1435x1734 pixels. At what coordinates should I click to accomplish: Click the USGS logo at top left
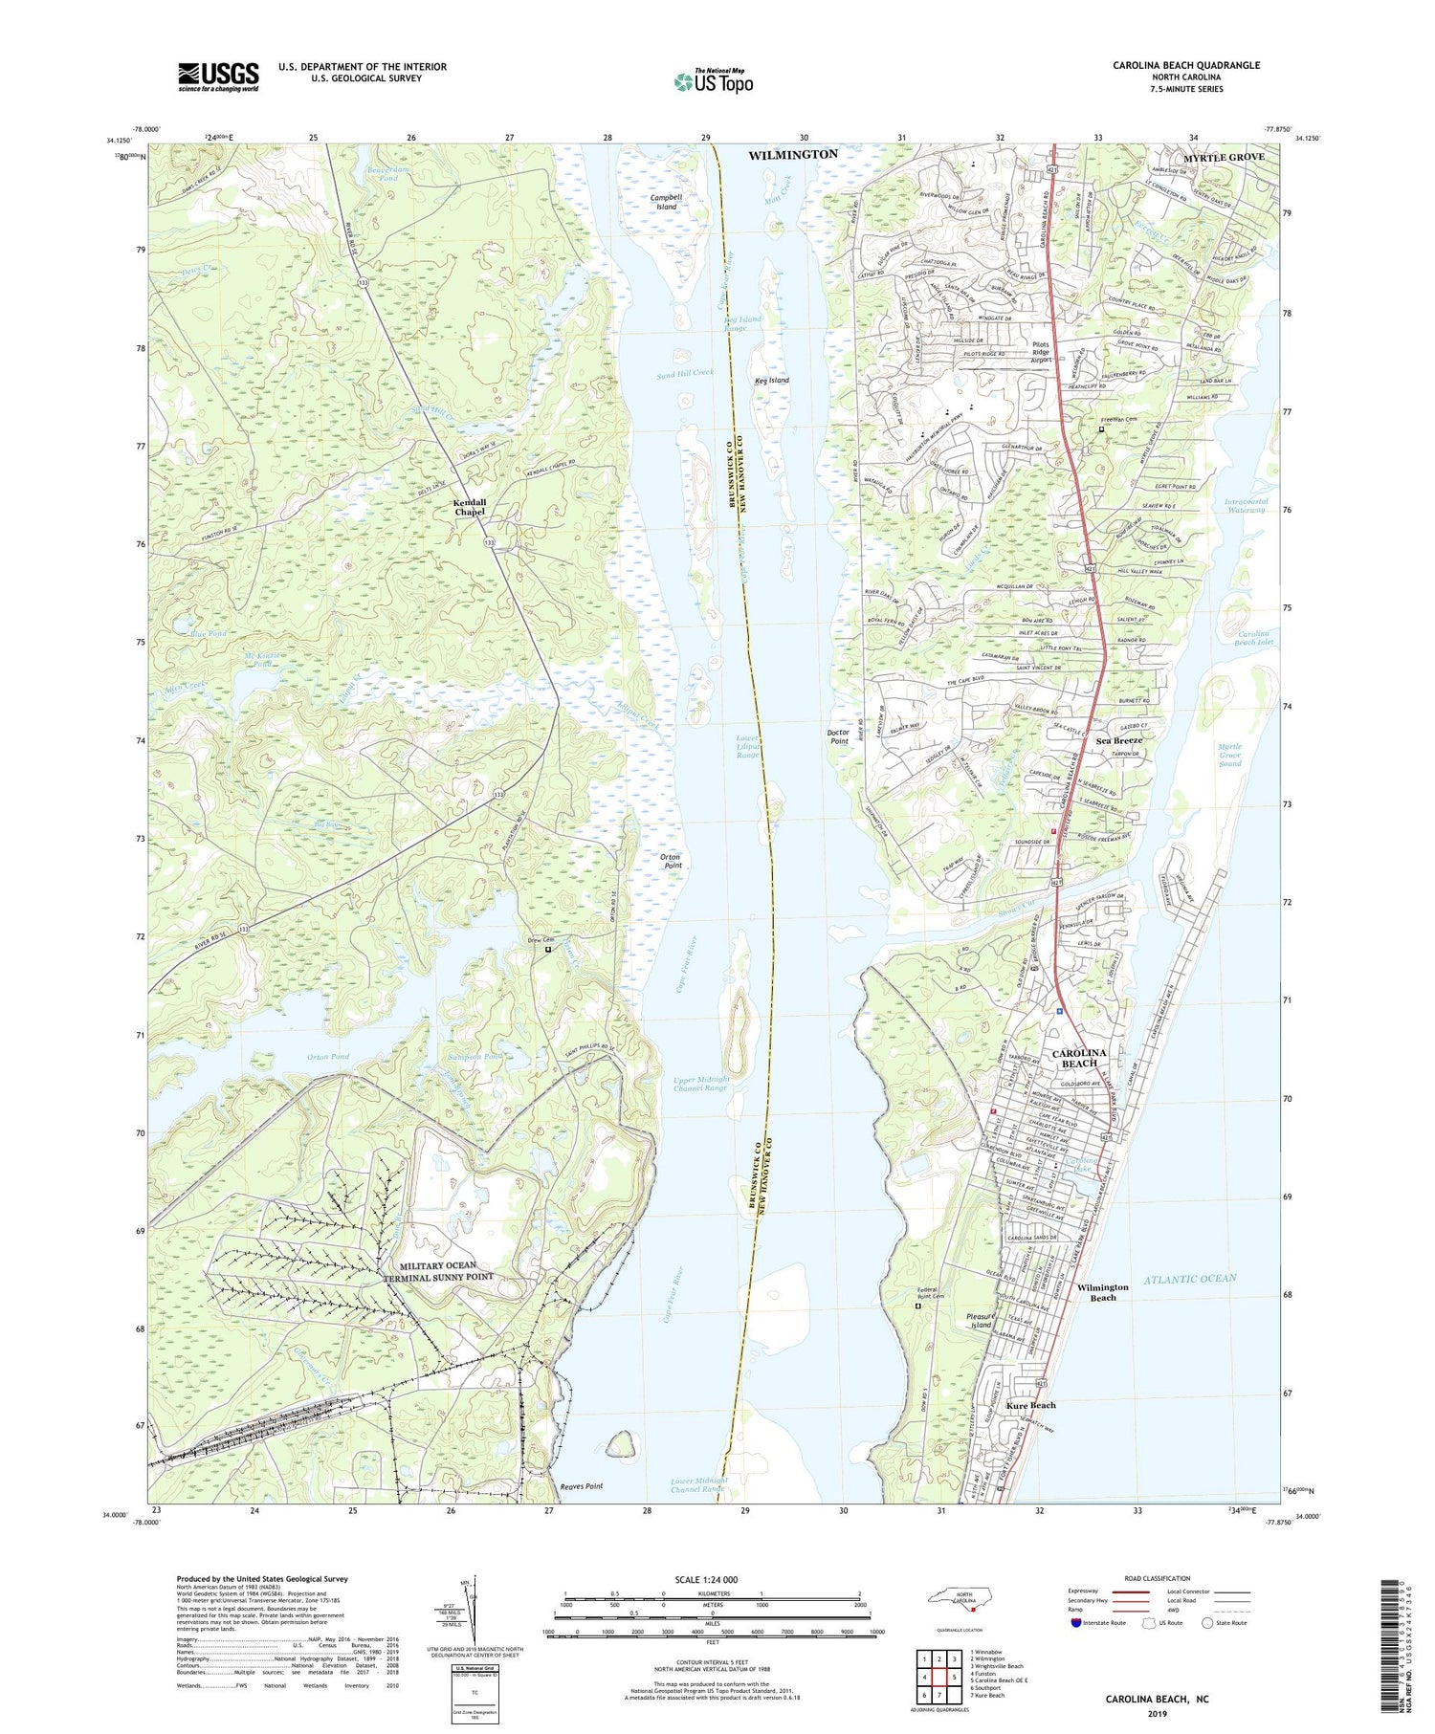218,77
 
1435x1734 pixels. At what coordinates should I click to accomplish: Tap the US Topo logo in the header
714,81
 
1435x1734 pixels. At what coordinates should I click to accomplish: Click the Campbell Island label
666,202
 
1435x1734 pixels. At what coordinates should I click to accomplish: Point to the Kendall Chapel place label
470,507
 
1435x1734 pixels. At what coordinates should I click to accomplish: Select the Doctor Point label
839,736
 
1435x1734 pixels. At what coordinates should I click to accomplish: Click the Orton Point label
673,861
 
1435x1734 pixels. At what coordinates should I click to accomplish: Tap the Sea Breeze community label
1119,740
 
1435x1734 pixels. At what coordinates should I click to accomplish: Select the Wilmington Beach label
1103,1292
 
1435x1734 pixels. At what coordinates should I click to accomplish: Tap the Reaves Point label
581,1486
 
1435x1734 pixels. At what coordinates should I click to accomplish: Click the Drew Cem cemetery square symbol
548,951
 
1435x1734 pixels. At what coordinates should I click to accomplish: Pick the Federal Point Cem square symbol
917,1306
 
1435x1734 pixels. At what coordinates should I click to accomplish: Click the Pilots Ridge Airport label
1040,352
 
